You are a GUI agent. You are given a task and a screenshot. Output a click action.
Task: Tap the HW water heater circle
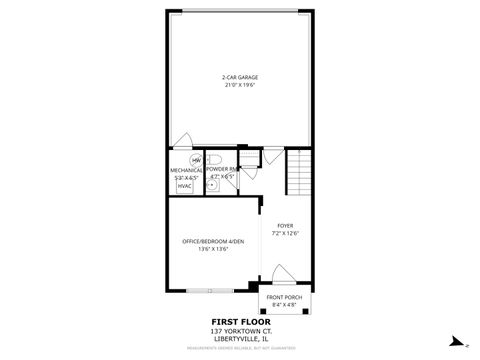[196, 160]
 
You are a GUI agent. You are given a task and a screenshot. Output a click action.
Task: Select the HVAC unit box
[185, 185]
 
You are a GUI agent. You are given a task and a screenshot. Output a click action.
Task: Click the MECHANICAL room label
[186, 170]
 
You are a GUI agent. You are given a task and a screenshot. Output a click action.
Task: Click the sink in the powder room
[212, 185]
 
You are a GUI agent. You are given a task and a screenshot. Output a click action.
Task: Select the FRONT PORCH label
[284, 297]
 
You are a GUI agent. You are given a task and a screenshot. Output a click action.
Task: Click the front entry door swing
[283, 277]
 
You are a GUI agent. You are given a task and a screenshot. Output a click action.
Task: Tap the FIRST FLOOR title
[239, 322]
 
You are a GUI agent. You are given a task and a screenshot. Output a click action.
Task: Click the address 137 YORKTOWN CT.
[239, 331]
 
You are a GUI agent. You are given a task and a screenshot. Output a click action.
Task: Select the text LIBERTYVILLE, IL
[239, 339]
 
